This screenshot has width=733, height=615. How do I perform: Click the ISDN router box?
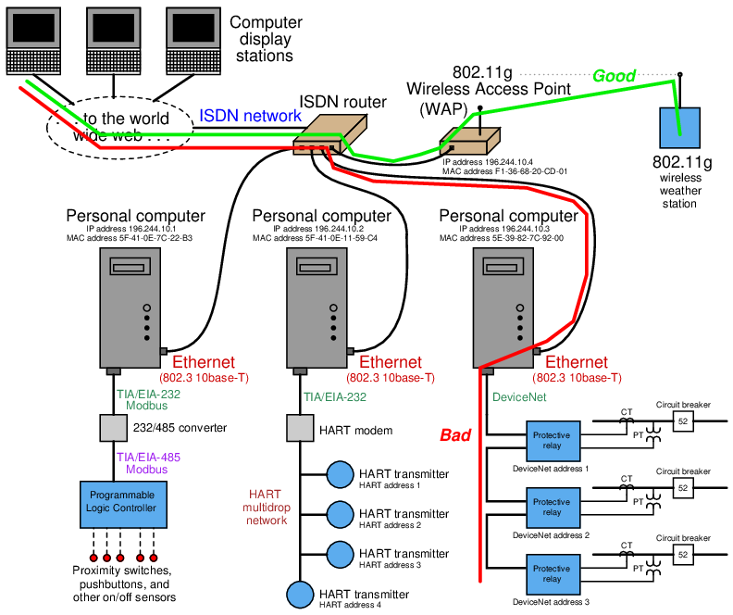tap(324, 133)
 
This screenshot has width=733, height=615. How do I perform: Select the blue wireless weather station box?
tap(678, 127)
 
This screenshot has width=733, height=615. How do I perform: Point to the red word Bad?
tap(455, 434)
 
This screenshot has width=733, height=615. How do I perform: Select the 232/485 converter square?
tap(112, 428)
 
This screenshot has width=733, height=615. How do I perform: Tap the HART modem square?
tap(299, 428)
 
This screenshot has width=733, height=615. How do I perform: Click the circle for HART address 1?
tap(339, 474)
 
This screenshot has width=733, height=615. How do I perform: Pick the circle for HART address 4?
tap(299, 593)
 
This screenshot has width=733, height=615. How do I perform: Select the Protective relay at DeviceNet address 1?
tap(552, 441)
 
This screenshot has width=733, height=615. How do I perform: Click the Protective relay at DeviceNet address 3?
tap(552, 573)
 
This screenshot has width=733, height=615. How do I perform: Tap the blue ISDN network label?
tap(250, 116)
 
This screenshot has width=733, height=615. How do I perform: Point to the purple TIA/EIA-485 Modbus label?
tap(148, 463)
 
